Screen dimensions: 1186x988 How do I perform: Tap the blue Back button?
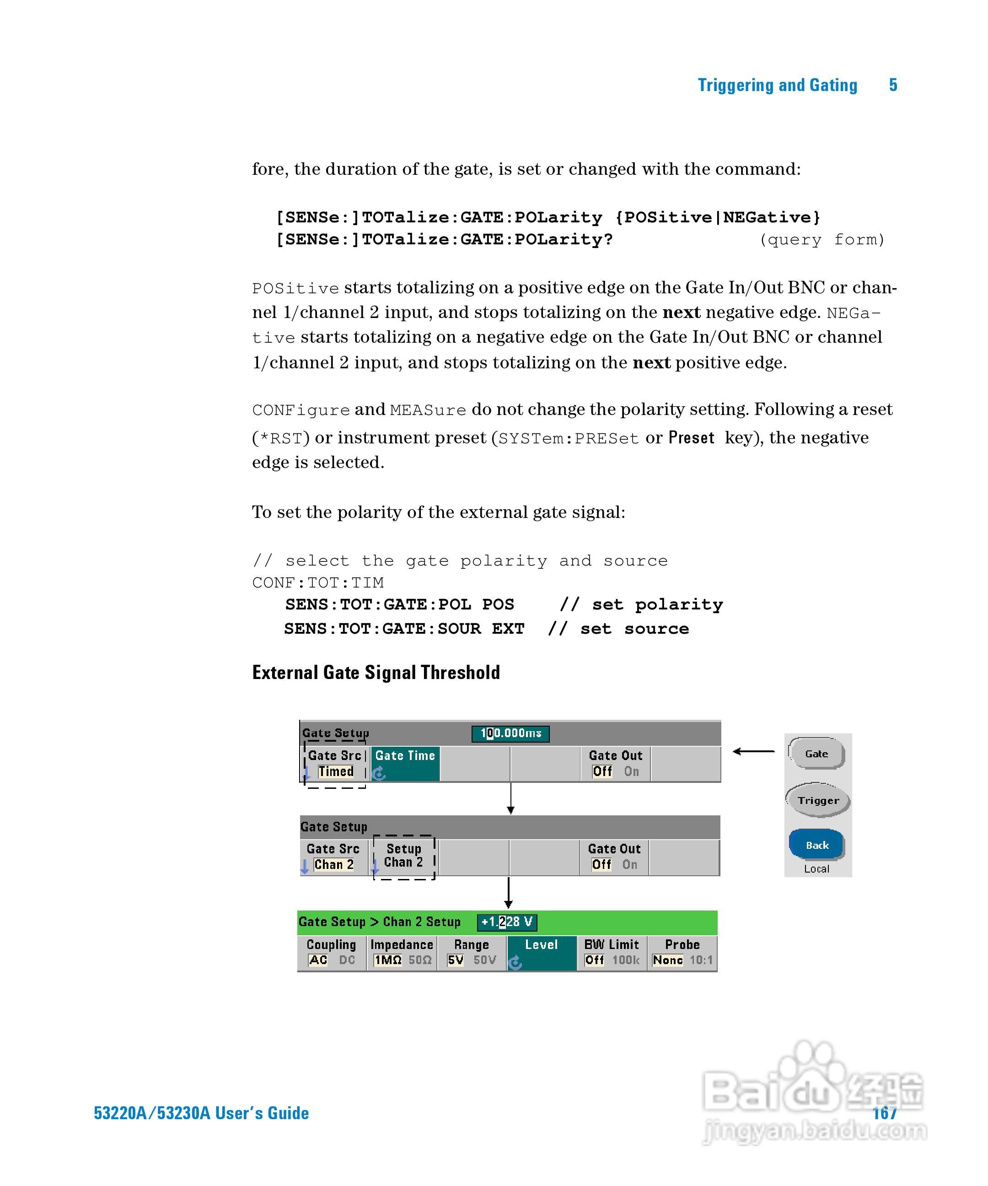click(816, 845)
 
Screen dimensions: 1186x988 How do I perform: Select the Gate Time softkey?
click(405, 764)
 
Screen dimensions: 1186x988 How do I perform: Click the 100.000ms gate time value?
click(510, 733)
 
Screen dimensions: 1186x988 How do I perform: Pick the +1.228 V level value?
click(506, 922)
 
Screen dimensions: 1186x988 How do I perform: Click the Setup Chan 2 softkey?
click(404, 856)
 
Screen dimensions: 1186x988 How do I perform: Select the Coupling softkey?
click(332, 952)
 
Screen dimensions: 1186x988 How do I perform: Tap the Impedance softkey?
click(402, 952)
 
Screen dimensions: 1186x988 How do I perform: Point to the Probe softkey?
click(682, 952)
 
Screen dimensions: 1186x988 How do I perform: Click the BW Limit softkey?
click(612, 952)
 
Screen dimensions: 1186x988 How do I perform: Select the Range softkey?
click(472, 952)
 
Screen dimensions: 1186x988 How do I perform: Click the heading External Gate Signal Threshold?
click(376, 672)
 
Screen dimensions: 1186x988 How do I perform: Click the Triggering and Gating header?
click(778, 85)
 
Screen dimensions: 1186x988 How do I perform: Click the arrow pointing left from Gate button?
click(754, 751)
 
